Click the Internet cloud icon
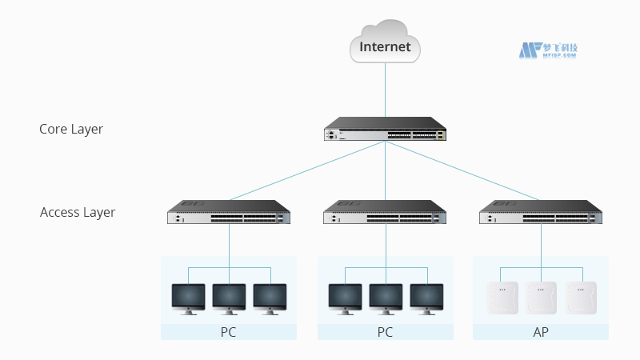(x=385, y=43)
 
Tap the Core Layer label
(x=71, y=129)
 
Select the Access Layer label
(x=78, y=212)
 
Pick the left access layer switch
(x=229, y=213)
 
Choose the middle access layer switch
(x=385, y=213)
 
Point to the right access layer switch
(x=541, y=213)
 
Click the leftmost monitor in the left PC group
(x=188, y=298)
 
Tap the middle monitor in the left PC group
(x=229, y=298)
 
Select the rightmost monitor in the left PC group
(x=270, y=298)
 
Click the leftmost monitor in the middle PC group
(x=345, y=298)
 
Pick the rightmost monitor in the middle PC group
(x=426, y=298)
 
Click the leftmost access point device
(x=502, y=298)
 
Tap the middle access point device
(x=541, y=298)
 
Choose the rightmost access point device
(x=581, y=298)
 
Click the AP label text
(x=541, y=332)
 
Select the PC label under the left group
(x=229, y=332)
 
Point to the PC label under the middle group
(x=385, y=332)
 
